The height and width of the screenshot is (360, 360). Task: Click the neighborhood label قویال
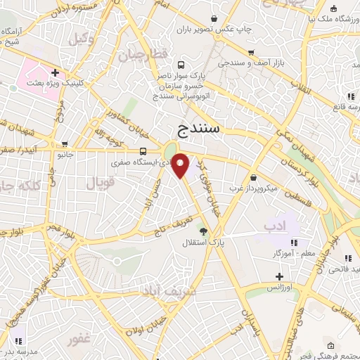click(100, 184)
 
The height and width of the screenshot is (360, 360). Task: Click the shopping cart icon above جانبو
click(65, 143)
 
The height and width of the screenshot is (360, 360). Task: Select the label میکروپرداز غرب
click(254, 188)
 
